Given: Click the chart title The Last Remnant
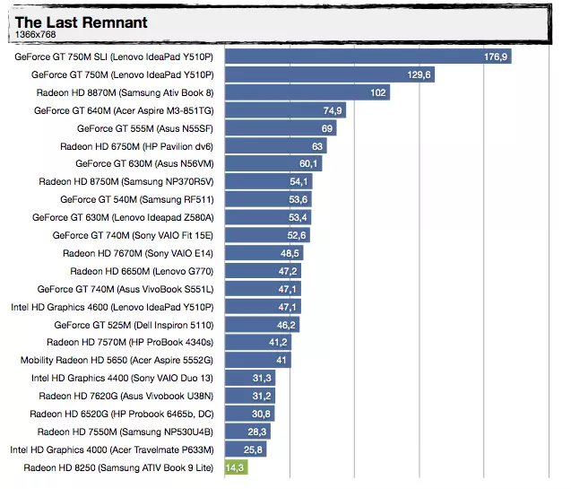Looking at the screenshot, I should pos(82,22).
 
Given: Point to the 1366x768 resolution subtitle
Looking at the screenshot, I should pos(35,34).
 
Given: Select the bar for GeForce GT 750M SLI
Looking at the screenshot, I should pos(368,57).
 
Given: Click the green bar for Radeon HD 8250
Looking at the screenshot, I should pos(235,467).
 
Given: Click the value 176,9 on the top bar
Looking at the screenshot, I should pos(496,57).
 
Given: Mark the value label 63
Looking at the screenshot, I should pos(317,146).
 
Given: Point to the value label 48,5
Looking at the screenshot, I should pos(290,253).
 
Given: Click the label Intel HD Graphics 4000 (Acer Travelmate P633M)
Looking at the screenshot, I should pos(112,450).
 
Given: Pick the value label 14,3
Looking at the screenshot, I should pos(236,467).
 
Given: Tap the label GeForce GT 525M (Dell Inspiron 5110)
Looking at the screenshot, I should pos(134,325).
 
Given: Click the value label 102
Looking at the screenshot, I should pos(377,92).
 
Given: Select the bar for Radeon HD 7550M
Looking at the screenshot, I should pos(247,432).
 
